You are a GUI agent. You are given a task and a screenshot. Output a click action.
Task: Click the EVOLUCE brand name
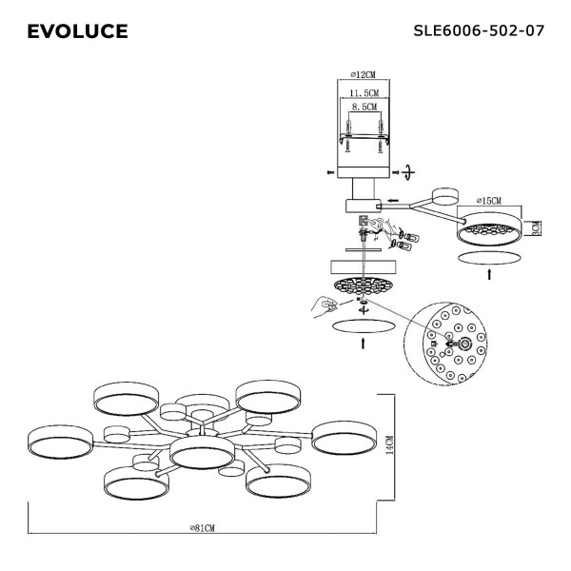pyautogui.click(x=77, y=31)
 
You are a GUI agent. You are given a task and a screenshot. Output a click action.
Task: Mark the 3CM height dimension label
pyautogui.click(x=536, y=227)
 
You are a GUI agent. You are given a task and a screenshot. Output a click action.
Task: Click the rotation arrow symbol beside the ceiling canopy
pyautogui.click(x=408, y=171)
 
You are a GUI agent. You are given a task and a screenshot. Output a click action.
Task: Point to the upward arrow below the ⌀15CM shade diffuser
pyautogui.click(x=490, y=274)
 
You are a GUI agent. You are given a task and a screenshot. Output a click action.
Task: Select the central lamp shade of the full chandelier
pyautogui.click(x=203, y=454)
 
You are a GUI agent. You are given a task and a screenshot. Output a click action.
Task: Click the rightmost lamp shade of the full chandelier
pyautogui.click(x=345, y=441)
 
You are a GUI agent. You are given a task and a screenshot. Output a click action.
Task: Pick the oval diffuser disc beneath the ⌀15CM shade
pyautogui.click(x=490, y=258)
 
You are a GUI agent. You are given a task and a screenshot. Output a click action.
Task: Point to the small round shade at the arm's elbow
pyautogui.click(x=443, y=196)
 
